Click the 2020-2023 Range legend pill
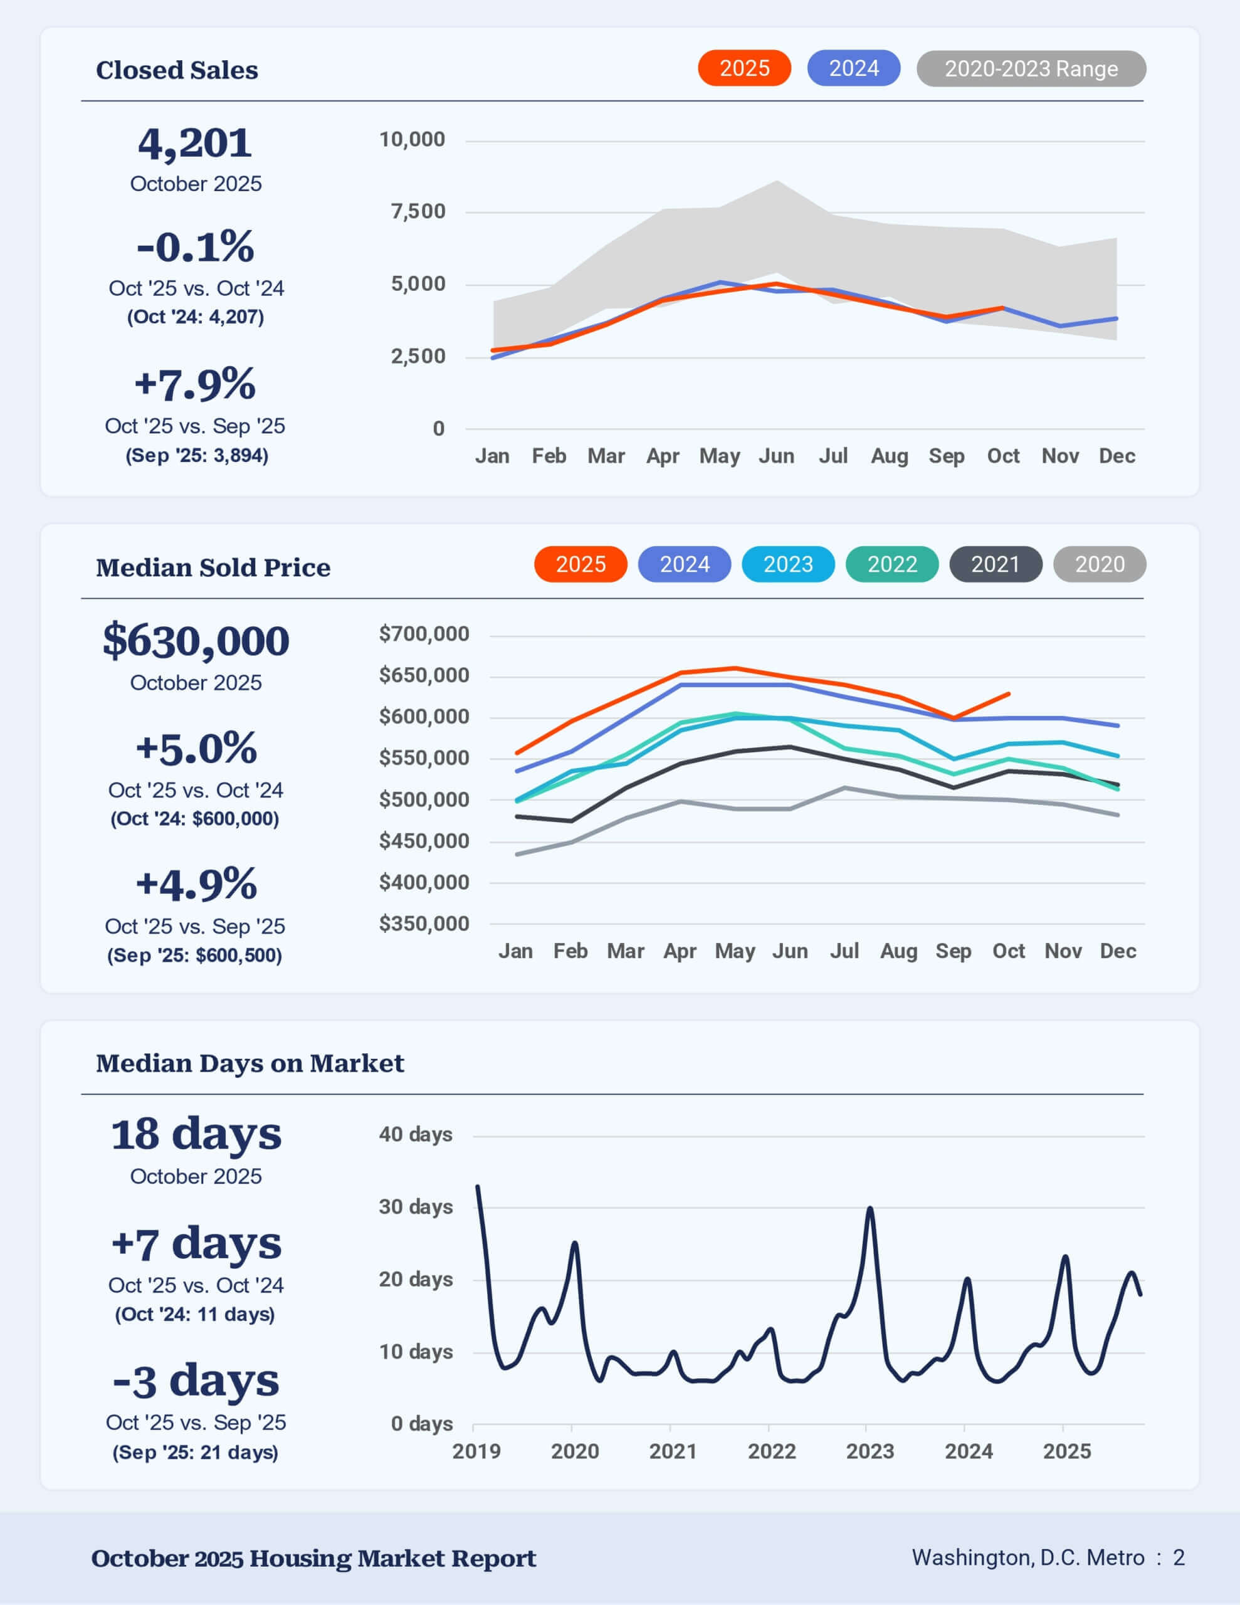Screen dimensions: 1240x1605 coord(1031,68)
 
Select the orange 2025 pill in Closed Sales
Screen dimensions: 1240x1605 coord(744,68)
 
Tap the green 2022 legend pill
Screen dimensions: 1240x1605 coord(891,564)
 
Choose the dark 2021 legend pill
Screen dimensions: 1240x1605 coord(996,564)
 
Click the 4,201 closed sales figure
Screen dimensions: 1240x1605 coord(195,144)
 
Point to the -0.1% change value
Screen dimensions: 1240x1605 coord(196,246)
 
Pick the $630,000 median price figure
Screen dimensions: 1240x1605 coord(196,641)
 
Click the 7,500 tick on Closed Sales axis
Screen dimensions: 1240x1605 coord(418,212)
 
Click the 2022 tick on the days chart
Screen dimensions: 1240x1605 coord(771,1451)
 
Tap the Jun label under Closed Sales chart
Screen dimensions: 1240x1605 coord(776,456)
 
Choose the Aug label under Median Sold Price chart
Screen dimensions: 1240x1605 coord(898,952)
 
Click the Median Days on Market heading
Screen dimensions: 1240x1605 coord(250,1063)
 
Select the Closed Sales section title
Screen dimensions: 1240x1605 coord(177,70)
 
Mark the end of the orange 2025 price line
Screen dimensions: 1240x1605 coord(1009,694)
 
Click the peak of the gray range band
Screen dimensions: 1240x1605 coord(777,181)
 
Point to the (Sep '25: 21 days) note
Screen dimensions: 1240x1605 coord(196,1453)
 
